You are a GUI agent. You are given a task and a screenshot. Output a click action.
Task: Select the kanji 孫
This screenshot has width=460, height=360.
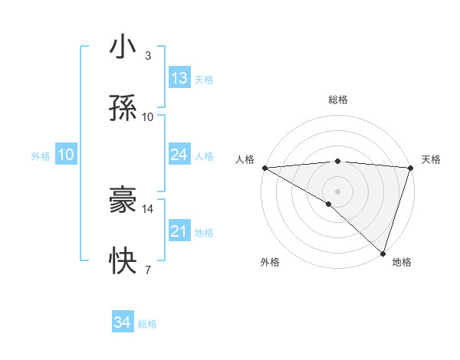click(123, 109)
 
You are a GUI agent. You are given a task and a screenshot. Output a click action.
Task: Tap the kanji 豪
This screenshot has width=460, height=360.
click(123, 201)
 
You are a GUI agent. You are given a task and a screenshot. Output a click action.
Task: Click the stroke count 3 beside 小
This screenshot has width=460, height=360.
click(148, 56)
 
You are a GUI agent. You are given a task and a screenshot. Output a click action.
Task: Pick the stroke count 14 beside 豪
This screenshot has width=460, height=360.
click(148, 208)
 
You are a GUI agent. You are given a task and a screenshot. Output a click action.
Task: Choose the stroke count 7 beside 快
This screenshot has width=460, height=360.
click(147, 270)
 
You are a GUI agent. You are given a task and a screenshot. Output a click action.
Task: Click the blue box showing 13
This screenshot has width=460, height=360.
click(179, 78)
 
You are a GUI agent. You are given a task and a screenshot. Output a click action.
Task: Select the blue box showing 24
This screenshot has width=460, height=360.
click(179, 155)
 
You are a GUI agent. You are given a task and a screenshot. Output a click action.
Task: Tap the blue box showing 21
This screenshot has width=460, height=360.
click(179, 231)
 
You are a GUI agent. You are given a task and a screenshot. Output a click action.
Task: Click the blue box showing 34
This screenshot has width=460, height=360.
click(123, 322)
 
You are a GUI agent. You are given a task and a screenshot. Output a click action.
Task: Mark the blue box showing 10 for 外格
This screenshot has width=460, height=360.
click(65, 155)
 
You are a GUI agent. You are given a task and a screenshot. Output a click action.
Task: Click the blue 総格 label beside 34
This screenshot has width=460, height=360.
click(147, 324)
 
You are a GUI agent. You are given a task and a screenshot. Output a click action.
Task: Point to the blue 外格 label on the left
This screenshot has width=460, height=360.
click(41, 156)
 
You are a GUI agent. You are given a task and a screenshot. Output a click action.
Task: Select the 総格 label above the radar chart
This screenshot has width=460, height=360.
click(337, 100)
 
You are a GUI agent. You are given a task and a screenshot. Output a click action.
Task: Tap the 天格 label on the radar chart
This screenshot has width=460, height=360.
click(431, 159)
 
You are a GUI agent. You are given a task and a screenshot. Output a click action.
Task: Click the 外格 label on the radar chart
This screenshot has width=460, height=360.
click(270, 262)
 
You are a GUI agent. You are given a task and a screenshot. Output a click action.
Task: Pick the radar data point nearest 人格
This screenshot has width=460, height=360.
click(264, 168)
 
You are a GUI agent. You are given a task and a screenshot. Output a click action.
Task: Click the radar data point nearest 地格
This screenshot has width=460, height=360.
click(383, 254)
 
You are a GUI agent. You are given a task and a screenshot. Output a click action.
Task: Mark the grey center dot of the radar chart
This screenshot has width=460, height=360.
click(337, 191)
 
